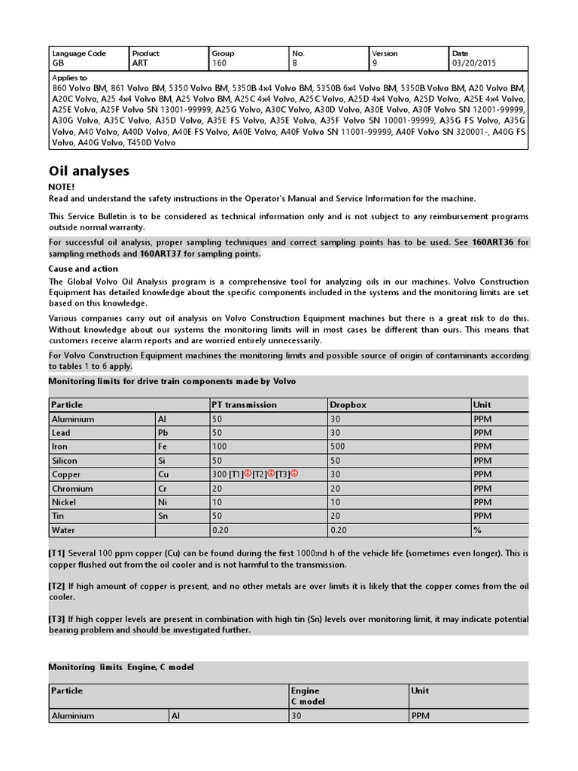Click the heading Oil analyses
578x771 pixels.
pyautogui.click(x=89, y=171)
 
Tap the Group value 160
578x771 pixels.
pyautogui.click(x=220, y=64)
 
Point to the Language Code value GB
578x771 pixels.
pyautogui.click(x=58, y=64)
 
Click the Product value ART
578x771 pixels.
pyautogui.click(x=140, y=64)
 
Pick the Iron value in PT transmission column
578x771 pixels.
pyautogui.click(x=220, y=446)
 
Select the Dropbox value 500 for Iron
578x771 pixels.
pyautogui.click(x=338, y=446)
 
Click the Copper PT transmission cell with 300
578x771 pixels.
pyautogui.click(x=220, y=474)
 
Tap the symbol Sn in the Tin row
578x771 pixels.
pyautogui.click(x=163, y=516)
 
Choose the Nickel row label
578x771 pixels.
pyautogui.click(x=63, y=502)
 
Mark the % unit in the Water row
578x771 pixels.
pyautogui.click(x=476, y=529)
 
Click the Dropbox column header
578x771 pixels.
pyautogui.click(x=348, y=404)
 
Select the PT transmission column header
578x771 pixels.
pyautogui.click(x=245, y=404)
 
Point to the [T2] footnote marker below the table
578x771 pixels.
pyautogui.click(x=57, y=586)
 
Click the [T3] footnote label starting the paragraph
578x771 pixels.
pyautogui.click(x=57, y=619)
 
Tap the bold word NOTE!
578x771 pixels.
pyautogui.click(x=62, y=186)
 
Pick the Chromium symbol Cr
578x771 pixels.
pyautogui.click(x=163, y=489)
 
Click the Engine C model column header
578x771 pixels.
pyautogui.click(x=305, y=696)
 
